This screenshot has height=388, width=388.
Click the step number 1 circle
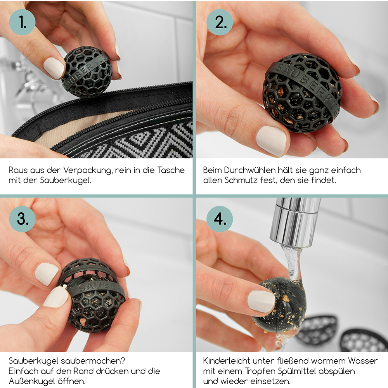22,22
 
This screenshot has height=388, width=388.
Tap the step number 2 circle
220,22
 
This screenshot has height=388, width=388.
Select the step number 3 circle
22,219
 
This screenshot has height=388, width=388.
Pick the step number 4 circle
220,219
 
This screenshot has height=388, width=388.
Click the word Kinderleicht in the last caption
227,361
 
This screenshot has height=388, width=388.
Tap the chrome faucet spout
295,223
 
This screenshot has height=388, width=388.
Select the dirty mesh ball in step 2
302,93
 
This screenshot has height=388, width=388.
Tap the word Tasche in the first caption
171,170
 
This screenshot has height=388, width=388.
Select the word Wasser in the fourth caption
363,361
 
